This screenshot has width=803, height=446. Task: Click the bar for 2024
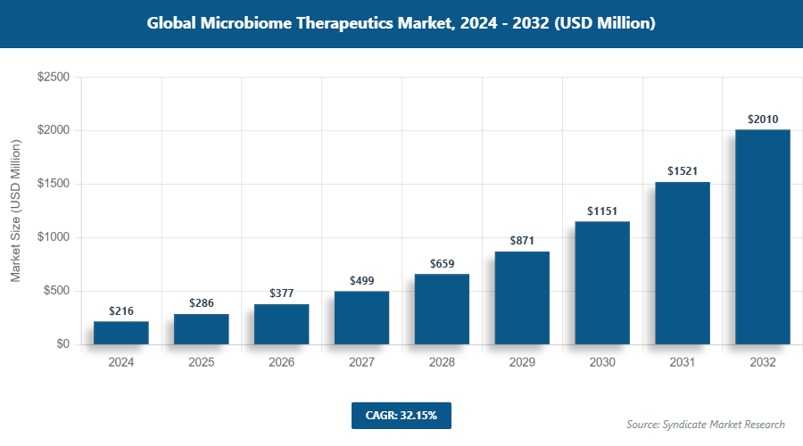tap(120, 333)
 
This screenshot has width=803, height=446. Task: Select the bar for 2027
tap(361, 318)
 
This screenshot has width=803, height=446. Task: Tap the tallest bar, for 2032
tap(763, 237)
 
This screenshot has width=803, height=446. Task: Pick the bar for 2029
tap(522, 298)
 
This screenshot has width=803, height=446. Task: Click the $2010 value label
tap(763, 119)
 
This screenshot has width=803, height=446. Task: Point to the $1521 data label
tap(683, 170)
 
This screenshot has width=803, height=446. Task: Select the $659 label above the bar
tap(442, 263)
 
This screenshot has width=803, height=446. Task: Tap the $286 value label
tap(201, 303)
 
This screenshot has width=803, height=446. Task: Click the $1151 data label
tap(602, 211)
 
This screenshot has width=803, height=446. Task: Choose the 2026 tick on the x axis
tap(281, 363)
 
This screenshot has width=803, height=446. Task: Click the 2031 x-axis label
tap(683, 363)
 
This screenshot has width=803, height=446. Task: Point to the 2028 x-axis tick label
tap(442, 363)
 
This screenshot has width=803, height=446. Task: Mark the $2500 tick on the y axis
tap(53, 78)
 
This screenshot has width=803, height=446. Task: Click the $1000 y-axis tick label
tap(53, 237)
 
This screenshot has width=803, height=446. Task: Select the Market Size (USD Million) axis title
tap(15, 211)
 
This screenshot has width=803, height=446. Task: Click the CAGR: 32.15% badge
tap(401, 415)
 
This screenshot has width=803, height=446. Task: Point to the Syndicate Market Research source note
tap(705, 424)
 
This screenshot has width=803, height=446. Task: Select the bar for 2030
tap(602, 283)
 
